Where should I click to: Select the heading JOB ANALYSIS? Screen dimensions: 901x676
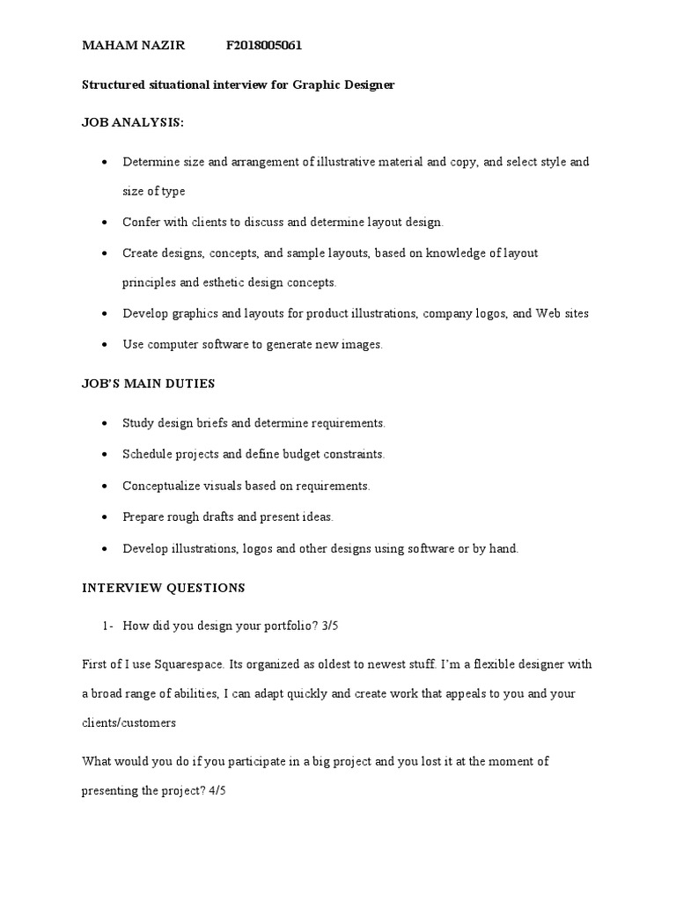132,123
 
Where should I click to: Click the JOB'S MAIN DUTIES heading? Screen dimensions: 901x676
149,384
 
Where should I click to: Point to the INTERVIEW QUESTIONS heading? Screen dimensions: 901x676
163,587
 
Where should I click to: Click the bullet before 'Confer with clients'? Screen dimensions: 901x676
106,223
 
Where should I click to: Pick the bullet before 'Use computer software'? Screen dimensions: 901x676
106,345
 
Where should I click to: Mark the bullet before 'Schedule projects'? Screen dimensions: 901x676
106,455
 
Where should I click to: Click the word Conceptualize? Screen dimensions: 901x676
164,485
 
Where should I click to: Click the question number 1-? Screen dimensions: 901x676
108,626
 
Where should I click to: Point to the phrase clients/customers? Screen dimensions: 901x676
129,722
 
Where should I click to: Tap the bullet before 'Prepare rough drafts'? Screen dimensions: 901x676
106,516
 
